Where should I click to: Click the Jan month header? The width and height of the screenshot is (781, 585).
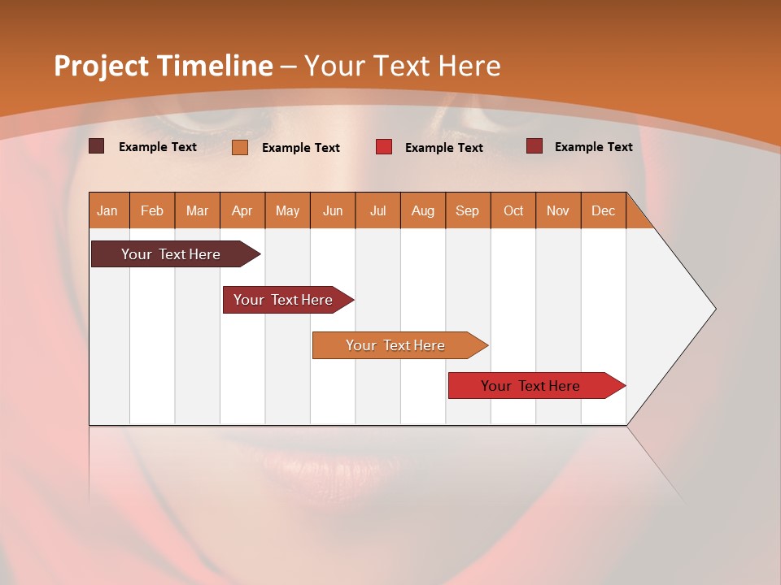pos(107,210)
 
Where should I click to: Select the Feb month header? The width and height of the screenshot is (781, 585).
pos(152,210)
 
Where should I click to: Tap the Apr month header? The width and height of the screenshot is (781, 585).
pos(242,210)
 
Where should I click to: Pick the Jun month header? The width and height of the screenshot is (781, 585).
pos(332,210)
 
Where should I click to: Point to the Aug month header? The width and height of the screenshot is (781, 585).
pos(422,210)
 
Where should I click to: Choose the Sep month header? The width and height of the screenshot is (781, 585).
pos(467,210)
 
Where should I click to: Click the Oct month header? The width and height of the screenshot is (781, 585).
pos(513,210)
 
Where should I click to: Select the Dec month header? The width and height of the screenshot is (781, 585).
pos(603,210)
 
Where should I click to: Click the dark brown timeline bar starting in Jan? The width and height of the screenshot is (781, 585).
pos(171,254)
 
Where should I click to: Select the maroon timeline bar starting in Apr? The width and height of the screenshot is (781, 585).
pos(283,300)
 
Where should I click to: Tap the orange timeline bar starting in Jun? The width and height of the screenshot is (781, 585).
pos(395,345)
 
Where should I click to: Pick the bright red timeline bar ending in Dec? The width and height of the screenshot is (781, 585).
pos(530,386)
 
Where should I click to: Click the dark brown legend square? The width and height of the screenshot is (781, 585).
pos(96,146)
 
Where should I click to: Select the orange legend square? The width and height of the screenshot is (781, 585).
pos(239,147)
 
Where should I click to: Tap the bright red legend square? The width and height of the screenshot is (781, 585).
pos(383,147)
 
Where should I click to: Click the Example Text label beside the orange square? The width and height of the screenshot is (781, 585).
pos(300,147)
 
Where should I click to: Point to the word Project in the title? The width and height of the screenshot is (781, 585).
pos(100,66)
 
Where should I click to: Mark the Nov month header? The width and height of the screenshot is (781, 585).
pos(557,210)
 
